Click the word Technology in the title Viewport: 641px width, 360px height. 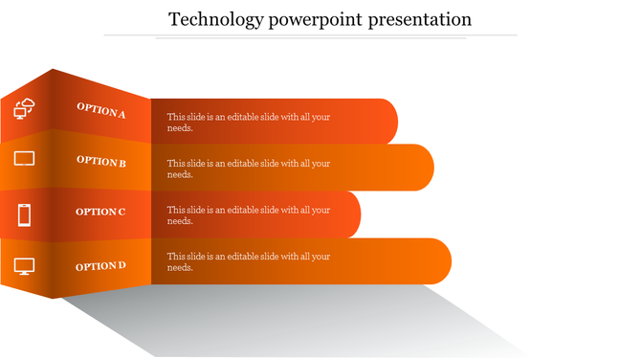211,19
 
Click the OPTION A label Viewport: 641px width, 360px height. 101,110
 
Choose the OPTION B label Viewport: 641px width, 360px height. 101,162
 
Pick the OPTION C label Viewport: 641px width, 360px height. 100,212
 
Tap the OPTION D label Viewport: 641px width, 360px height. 100,265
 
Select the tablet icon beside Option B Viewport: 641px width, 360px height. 25,158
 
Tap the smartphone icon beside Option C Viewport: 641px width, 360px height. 25,214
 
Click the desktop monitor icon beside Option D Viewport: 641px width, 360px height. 25,266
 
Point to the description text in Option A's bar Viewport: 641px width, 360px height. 249,122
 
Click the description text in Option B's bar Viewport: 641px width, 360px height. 249,169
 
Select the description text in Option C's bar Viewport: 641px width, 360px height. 249,215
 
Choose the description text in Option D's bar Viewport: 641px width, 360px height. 249,261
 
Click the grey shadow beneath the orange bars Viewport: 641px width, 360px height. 287,321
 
